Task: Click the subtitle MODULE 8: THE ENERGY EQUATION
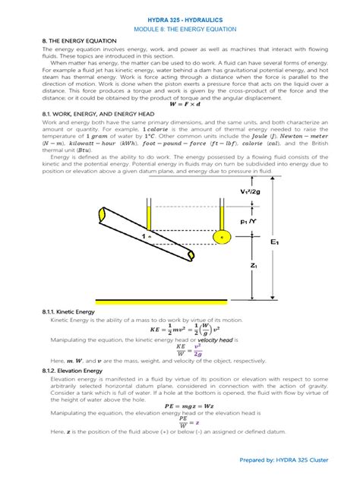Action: (x=179, y=27)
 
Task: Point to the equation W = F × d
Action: (x=180, y=104)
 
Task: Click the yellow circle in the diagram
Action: (x=222, y=237)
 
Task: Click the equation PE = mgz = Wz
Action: (x=180, y=406)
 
